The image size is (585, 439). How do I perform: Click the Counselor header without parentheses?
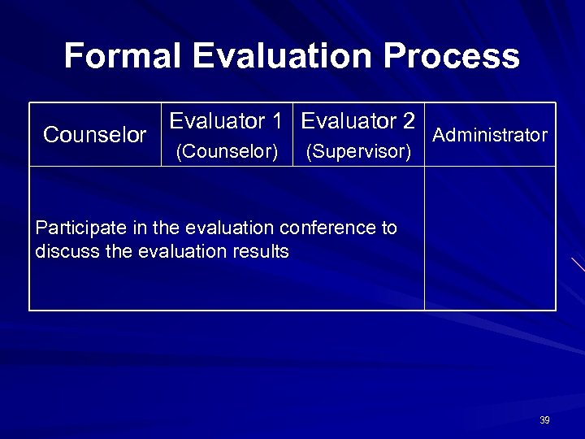(95, 135)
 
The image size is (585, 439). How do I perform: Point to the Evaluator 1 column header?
(227, 122)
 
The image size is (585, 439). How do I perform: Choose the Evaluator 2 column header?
(358, 122)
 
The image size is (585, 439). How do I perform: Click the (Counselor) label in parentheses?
(227, 151)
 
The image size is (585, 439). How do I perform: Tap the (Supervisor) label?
(358, 151)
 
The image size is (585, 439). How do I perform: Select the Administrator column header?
(490, 135)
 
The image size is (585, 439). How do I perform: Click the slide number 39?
(544, 420)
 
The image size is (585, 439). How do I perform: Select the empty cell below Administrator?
(490, 238)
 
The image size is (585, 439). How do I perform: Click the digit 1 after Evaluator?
(278, 122)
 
